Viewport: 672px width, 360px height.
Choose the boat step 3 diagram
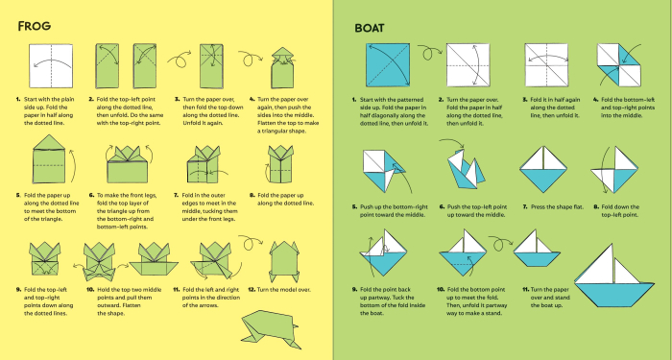coord(544,65)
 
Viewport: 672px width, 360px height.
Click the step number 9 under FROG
coord(18,289)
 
